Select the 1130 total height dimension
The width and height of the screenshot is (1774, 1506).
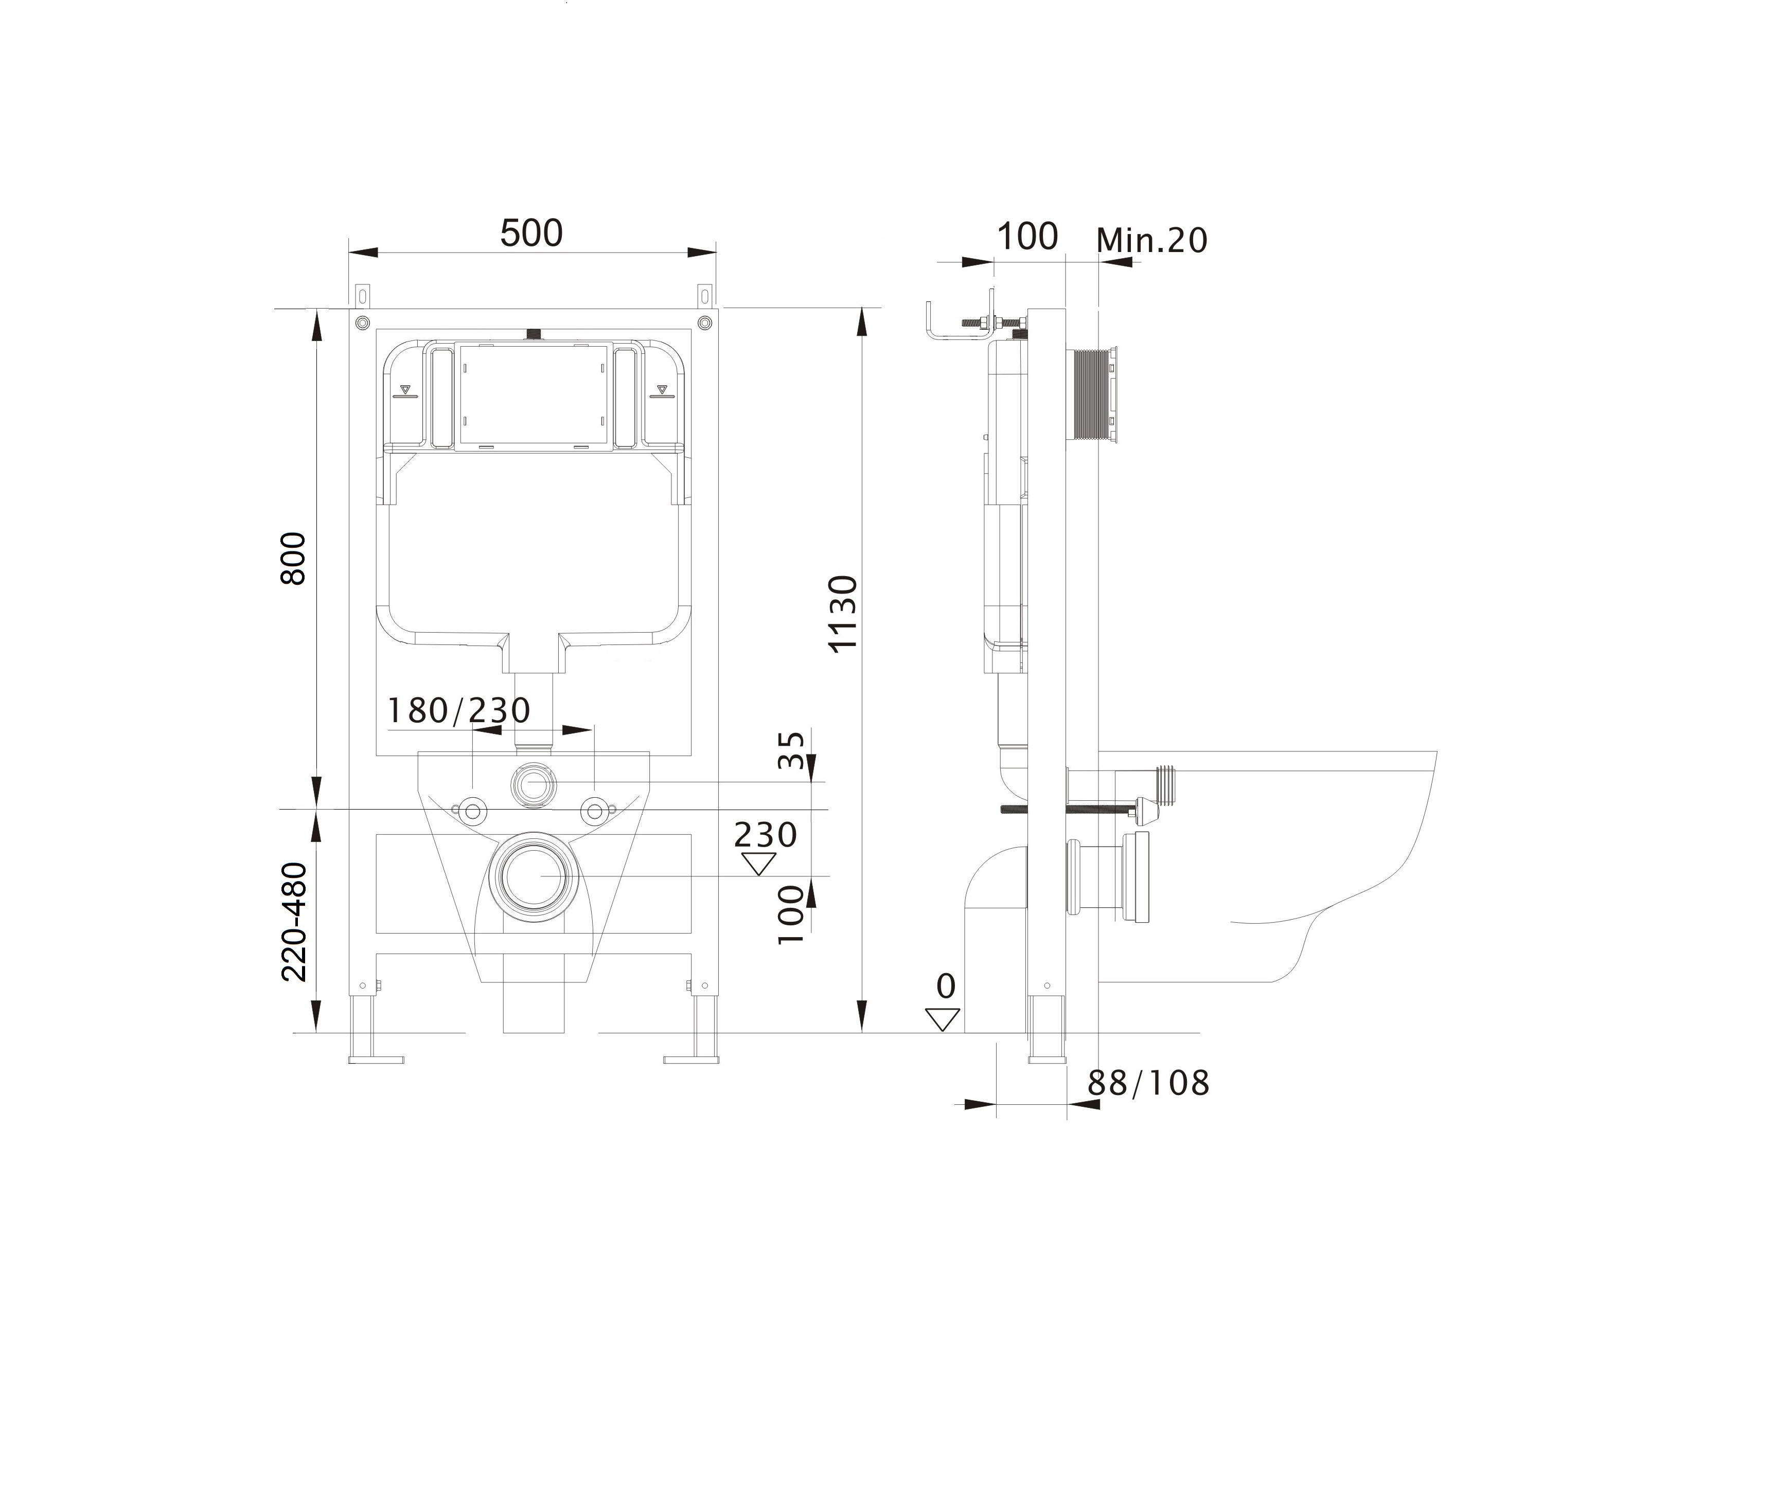[x=844, y=614]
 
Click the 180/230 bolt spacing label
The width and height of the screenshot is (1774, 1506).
[x=458, y=710]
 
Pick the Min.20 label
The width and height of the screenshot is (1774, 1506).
[x=1151, y=241]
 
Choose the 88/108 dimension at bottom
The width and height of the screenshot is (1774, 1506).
[x=1148, y=1083]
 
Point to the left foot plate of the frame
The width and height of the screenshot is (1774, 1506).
[x=376, y=1060]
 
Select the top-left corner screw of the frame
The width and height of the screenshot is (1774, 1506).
[x=362, y=322]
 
